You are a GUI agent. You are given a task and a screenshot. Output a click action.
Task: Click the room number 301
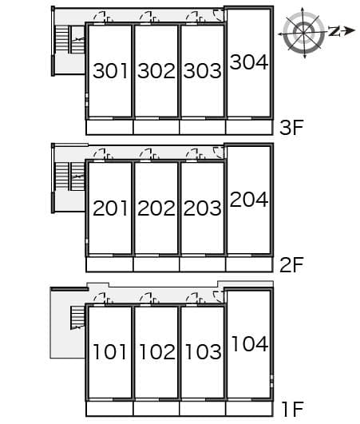110,71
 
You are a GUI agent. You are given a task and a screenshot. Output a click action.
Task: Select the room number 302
156,71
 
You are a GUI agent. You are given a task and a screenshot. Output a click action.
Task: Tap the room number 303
203,71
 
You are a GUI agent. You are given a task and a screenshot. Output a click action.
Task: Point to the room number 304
249,62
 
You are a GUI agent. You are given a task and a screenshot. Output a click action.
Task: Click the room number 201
110,208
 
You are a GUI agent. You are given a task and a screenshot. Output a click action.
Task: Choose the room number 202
156,208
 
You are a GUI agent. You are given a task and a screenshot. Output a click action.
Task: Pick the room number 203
203,208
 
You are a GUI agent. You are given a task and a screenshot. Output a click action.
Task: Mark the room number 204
249,200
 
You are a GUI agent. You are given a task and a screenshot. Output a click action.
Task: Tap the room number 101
109,352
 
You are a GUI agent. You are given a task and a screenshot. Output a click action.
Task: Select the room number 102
157,352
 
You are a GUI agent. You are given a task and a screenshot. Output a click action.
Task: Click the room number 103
204,352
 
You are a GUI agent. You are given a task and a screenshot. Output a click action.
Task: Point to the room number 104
250,343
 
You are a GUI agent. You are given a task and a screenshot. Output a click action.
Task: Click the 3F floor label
291,128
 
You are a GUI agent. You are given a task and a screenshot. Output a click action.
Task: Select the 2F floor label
291,265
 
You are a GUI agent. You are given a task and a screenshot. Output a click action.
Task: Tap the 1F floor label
293,410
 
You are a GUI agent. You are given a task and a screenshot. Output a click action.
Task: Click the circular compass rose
304,33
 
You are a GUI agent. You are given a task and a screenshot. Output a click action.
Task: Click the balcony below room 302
156,127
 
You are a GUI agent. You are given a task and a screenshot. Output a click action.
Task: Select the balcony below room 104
249,409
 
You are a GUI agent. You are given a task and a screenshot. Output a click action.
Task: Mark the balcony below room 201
109,264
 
